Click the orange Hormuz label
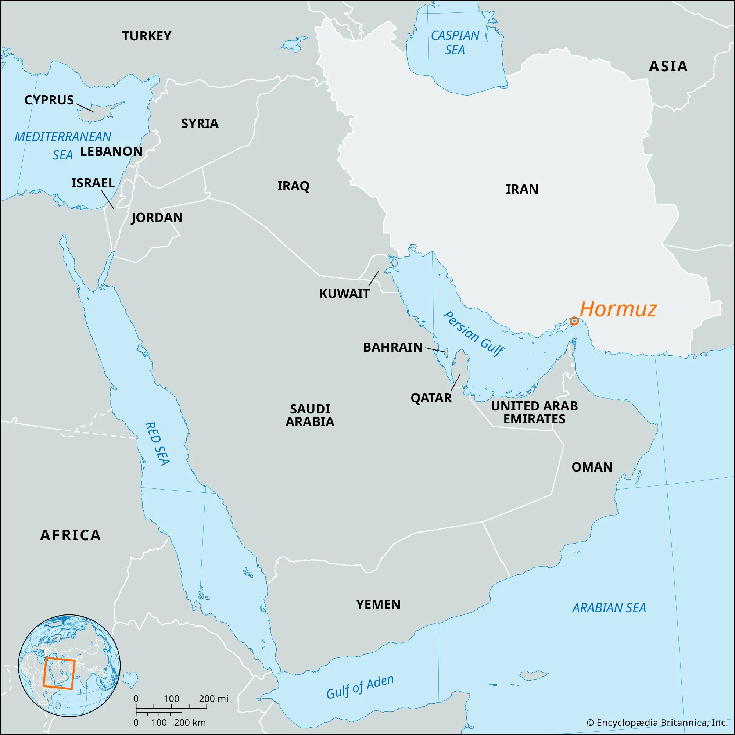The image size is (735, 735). (x=618, y=309)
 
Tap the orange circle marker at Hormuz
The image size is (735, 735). (x=574, y=321)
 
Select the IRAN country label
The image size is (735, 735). (x=522, y=189)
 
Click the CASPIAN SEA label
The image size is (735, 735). (x=455, y=43)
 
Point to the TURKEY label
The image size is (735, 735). (x=147, y=36)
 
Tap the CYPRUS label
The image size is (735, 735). (x=49, y=100)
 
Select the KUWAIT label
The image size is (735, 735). (x=344, y=294)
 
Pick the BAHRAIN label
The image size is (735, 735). (x=392, y=347)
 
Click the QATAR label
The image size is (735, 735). (x=431, y=398)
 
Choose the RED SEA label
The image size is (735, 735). (x=157, y=444)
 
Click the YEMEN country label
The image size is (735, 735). (x=378, y=605)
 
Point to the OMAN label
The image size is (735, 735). (x=592, y=467)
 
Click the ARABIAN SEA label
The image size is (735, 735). (x=609, y=608)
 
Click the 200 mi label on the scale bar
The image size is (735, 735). (x=214, y=699)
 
